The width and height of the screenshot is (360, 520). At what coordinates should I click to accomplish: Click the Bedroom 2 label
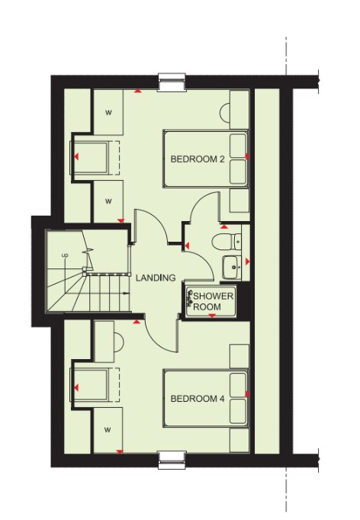click(198, 159)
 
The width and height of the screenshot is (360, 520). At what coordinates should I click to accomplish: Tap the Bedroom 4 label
click(198, 398)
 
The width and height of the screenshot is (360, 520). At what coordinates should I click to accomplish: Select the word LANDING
click(156, 278)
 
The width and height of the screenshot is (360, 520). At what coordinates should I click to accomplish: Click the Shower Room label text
click(213, 301)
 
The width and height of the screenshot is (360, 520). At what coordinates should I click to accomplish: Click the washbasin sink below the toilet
click(232, 268)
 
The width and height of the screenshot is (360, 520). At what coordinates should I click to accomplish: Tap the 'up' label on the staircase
click(65, 255)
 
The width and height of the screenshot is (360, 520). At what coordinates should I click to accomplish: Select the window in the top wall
click(172, 82)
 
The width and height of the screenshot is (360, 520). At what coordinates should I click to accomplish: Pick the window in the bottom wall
click(172, 460)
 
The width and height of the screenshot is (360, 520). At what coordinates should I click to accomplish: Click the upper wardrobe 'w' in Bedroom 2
click(108, 113)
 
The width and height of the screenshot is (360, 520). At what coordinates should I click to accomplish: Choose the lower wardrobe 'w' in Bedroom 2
click(108, 201)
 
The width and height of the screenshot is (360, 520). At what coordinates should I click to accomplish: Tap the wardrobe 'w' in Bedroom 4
click(108, 430)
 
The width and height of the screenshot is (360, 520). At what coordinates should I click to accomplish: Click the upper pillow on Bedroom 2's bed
click(238, 146)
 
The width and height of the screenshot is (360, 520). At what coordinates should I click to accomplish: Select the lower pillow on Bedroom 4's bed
click(238, 411)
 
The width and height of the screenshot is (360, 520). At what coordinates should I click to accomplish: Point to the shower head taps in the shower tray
click(190, 297)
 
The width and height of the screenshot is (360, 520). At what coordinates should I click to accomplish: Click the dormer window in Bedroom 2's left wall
click(89, 158)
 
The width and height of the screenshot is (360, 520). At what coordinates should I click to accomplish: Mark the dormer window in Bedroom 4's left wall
click(89, 385)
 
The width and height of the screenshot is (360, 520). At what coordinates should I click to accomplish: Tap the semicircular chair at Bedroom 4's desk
click(119, 342)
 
